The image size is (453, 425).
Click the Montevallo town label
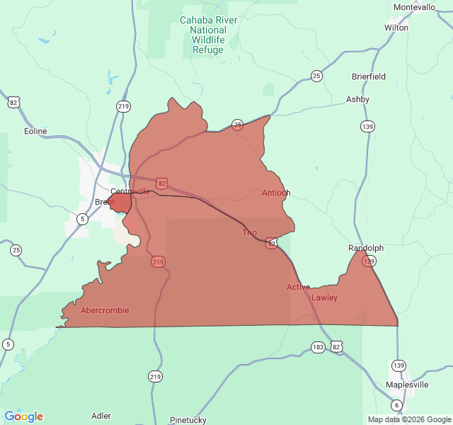(414, 7)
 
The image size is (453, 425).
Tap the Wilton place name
(396, 28)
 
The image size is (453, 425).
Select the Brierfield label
(369, 76)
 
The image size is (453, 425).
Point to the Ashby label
(357, 99)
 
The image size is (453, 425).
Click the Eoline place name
(35, 131)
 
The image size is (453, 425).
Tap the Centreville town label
(130, 191)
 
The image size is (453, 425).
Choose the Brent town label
(104, 203)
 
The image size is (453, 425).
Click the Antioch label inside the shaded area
(276, 193)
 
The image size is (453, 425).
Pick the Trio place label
(250, 232)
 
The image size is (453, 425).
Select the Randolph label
(366, 248)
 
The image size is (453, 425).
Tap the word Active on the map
(298, 287)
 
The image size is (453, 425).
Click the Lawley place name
(325, 297)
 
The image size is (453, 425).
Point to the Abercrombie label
(105, 310)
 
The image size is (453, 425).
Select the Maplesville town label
(407, 385)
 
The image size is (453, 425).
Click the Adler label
(101, 416)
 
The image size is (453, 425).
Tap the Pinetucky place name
(188, 420)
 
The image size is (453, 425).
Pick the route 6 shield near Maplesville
(396, 405)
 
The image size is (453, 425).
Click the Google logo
(24, 416)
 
